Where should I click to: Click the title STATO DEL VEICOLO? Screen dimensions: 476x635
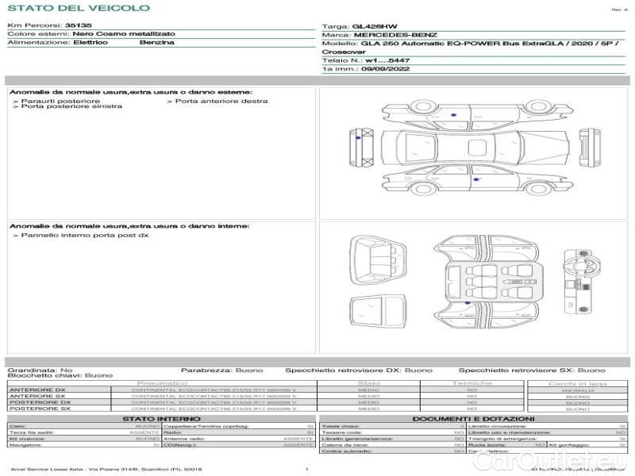click(x=78, y=8)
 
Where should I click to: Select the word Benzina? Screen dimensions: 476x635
click(x=156, y=42)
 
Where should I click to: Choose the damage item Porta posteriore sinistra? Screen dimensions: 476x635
click(x=71, y=107)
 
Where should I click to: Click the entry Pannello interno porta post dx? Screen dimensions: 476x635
click(x=84, y=236)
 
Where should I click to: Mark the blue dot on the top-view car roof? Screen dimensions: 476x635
click(x=453, y=115)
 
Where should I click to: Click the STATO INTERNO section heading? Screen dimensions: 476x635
click(x=162, y=419)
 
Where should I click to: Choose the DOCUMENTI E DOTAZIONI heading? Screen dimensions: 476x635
click(x=473, y=419)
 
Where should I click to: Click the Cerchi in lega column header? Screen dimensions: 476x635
click(x=577, y=383)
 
